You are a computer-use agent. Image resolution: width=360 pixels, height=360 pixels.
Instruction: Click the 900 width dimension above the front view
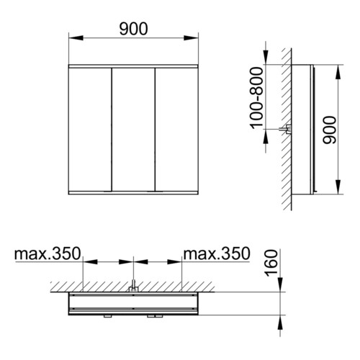coord(133,29)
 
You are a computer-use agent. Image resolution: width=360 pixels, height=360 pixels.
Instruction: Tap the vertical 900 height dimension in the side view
coord(330,130)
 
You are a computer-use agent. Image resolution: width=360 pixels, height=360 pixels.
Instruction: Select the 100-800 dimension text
coord(257,98)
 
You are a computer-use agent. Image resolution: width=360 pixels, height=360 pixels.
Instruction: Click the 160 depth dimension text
coord(271,263)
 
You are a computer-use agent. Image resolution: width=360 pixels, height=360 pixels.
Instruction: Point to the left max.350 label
coord(48,253)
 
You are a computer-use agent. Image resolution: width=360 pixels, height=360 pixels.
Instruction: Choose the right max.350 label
coord(217,253)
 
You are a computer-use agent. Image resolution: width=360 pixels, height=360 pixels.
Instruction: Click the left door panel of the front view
coord(90,130)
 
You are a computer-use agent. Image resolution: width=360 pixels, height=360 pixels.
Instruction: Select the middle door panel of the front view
coord(133,130)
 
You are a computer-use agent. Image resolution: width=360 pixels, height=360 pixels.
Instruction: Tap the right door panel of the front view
coord(176,130)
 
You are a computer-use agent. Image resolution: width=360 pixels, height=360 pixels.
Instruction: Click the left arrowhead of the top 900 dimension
coord(76,38)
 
